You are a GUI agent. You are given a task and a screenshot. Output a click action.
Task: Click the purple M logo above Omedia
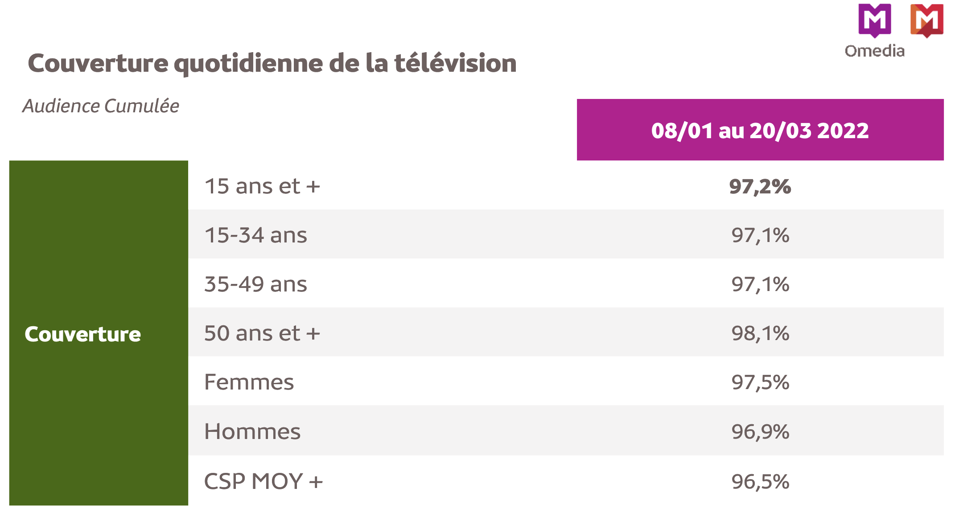[x=874, y=20]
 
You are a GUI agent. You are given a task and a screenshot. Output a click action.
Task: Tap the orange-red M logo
[x=926, y=20]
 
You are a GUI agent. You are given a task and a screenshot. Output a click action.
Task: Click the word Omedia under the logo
[x=874, y=51]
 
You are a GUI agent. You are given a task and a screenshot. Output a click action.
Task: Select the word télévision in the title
[x=455, y=63]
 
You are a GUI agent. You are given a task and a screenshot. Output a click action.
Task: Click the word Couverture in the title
[x=98, y=63]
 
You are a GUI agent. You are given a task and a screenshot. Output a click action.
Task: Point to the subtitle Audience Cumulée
[x=101, y=106]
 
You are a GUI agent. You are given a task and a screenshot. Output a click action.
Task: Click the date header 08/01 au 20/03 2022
[x=760, y=130]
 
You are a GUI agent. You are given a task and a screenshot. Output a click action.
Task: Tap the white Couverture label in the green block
[x=82, y=334]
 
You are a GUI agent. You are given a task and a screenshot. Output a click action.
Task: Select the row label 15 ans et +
[x=262, y=186]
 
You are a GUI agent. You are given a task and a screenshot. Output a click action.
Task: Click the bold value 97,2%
[x=760, y=186]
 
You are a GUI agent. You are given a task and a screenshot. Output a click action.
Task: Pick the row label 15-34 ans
[x=255, y=235]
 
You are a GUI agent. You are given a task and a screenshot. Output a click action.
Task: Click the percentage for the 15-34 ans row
[x=760, y=235]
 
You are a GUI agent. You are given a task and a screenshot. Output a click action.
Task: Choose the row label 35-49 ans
[x=255, y=284]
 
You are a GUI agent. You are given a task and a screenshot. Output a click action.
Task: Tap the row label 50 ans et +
[x=262, y=333]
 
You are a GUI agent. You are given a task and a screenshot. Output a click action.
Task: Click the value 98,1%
[x=760, y=333]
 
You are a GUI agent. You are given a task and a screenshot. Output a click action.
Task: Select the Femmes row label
[x=249, y=382]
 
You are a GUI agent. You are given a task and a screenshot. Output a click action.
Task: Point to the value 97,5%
[x=760, y=382]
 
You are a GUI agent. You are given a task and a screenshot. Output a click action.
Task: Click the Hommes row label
[x=252, y=431]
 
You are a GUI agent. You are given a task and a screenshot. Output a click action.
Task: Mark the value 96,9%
[x=760, y=431]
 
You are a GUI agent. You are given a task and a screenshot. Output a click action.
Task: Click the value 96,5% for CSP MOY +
[x=760, y=481]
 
